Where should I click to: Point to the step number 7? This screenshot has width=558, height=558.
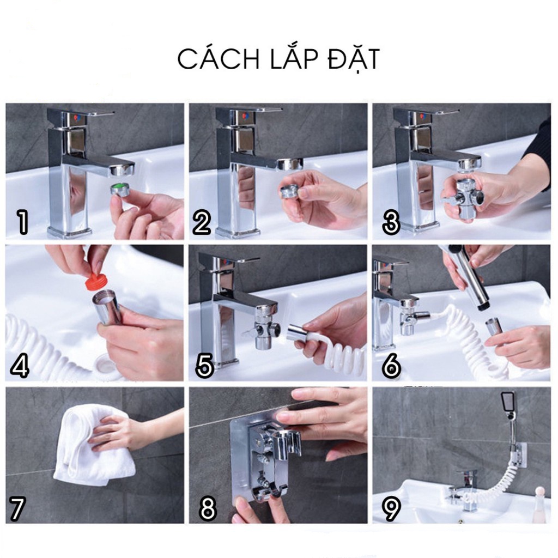(17, 508)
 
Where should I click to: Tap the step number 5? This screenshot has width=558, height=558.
(204, 365)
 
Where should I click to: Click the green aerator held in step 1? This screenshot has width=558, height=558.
(122, 188)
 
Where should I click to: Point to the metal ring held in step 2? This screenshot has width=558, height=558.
(290, 191)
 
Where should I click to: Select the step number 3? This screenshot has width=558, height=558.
(391, 222)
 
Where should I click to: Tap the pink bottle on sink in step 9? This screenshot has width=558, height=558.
(539, 502)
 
